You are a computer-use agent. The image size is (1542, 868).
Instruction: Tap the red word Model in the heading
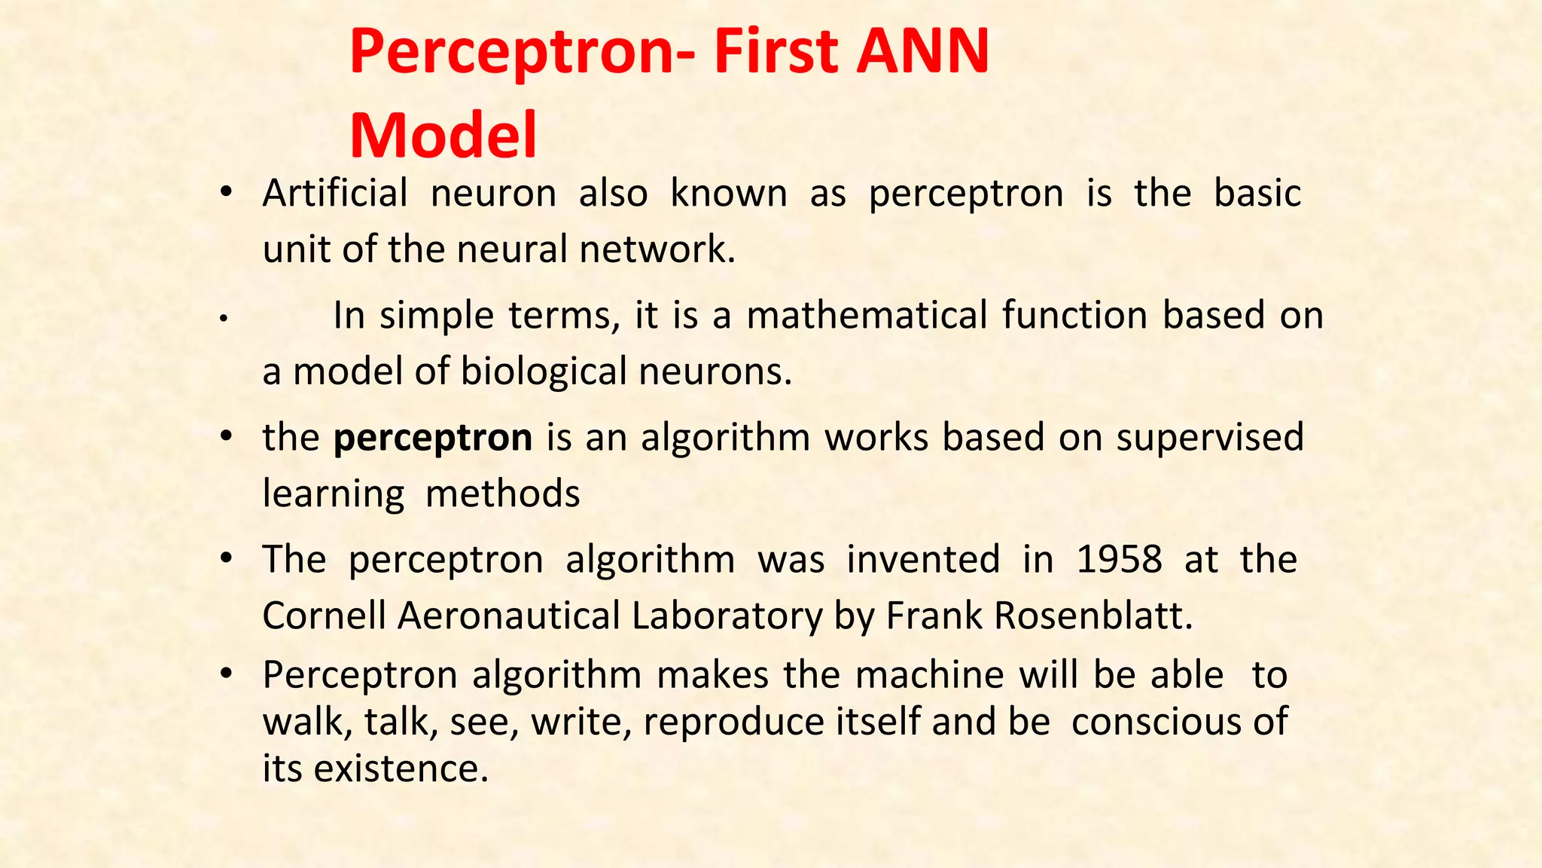point(443,136)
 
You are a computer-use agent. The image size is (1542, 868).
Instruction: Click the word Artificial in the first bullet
point(335,193)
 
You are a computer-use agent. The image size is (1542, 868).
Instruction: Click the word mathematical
point(867,315)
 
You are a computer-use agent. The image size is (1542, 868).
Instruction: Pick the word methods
point(502,494)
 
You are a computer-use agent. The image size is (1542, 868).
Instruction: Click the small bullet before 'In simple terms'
point(224,319)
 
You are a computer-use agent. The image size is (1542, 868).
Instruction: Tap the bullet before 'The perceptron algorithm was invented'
point(225,560)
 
